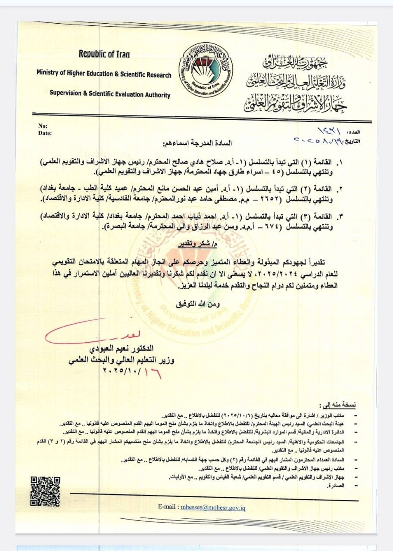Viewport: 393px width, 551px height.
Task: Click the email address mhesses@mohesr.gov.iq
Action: (213, 508)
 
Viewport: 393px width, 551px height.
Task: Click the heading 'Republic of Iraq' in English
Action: (104, 54)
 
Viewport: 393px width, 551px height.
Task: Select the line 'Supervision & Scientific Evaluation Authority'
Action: (110, 95)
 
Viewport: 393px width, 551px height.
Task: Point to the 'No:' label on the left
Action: (43, 126)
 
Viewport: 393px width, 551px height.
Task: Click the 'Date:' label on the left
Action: (45, 133)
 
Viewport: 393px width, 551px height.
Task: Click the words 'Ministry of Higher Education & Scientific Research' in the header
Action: (104, 74)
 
